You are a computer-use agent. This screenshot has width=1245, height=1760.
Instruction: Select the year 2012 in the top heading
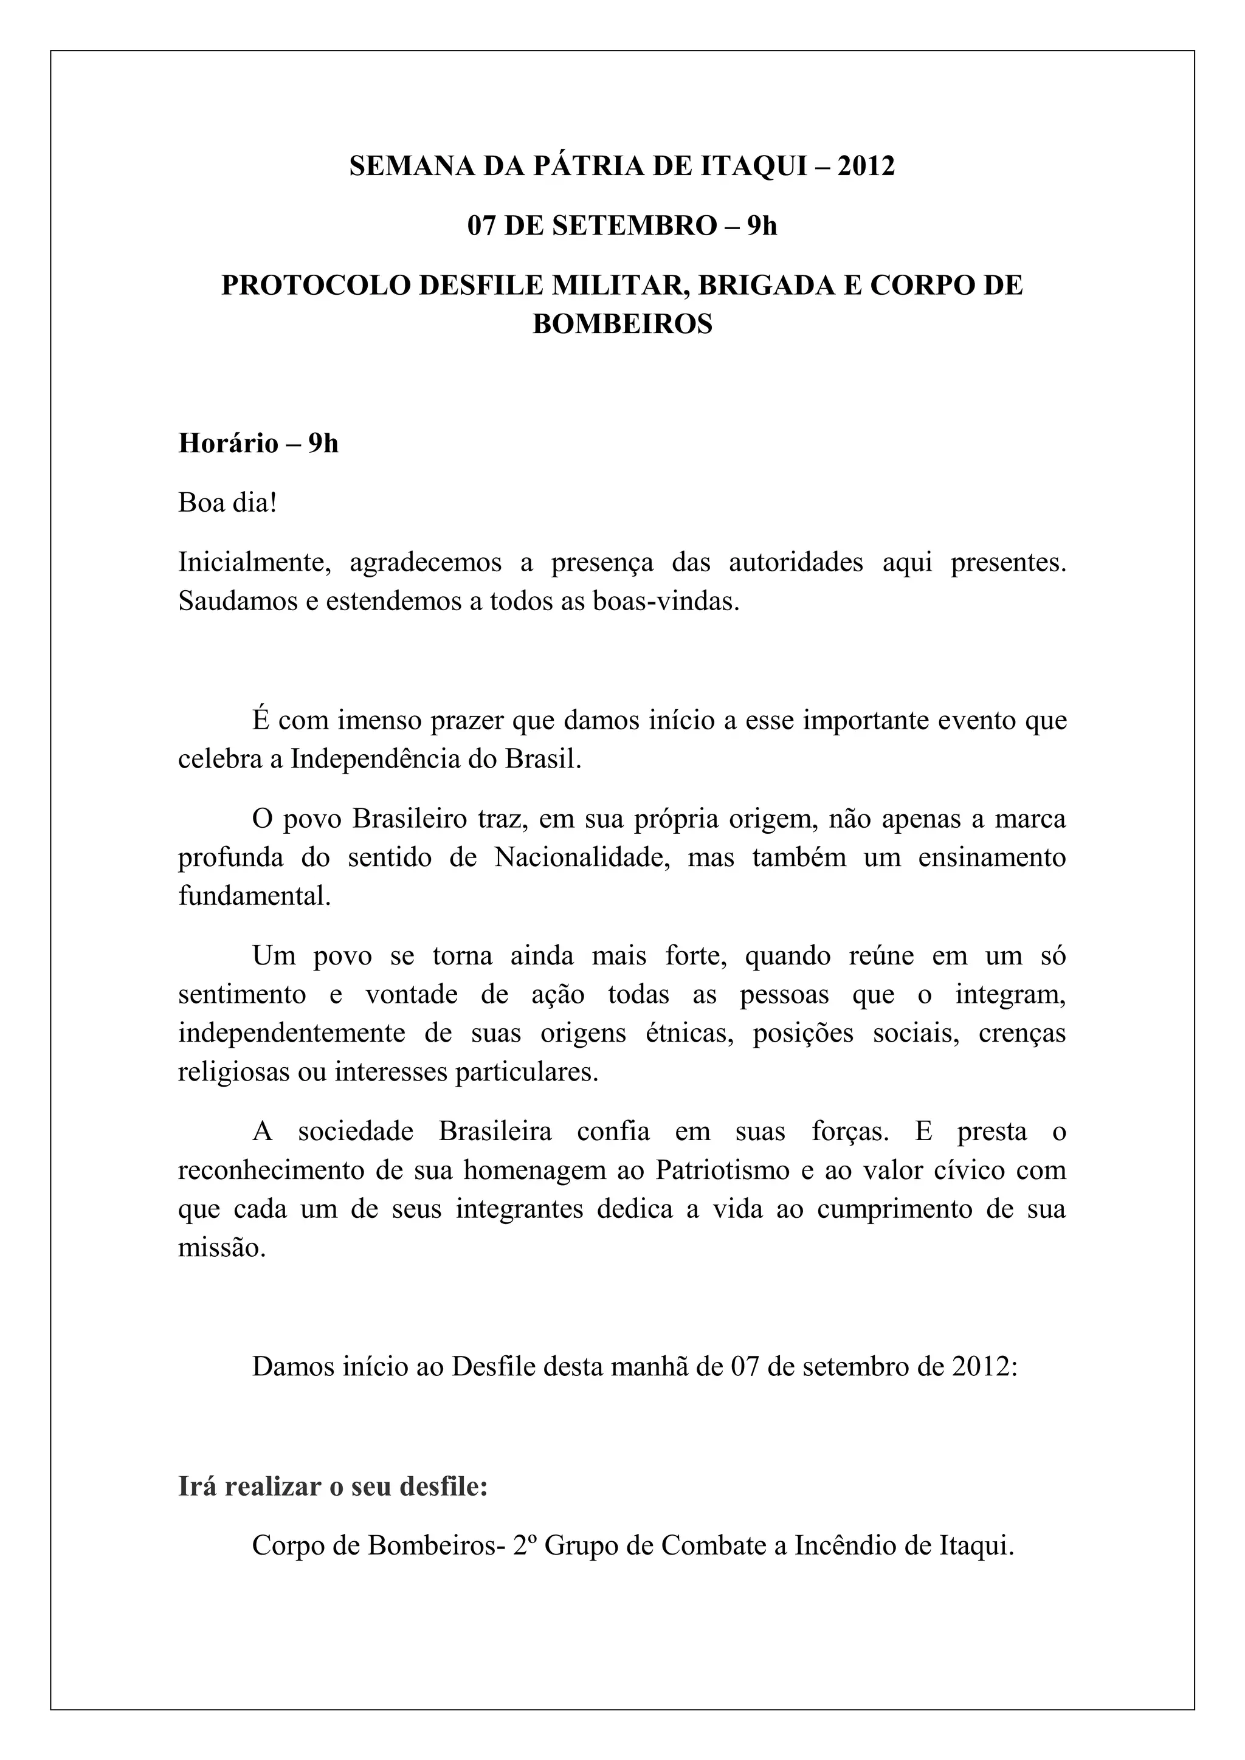pos(866,167)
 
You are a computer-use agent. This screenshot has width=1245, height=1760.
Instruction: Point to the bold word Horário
pos(229,444)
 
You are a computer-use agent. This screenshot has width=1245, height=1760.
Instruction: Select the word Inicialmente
pos(253,563)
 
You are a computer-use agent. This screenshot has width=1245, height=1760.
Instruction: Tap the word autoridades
pos(795,563)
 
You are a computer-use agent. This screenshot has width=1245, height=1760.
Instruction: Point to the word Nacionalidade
pos(582,857)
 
